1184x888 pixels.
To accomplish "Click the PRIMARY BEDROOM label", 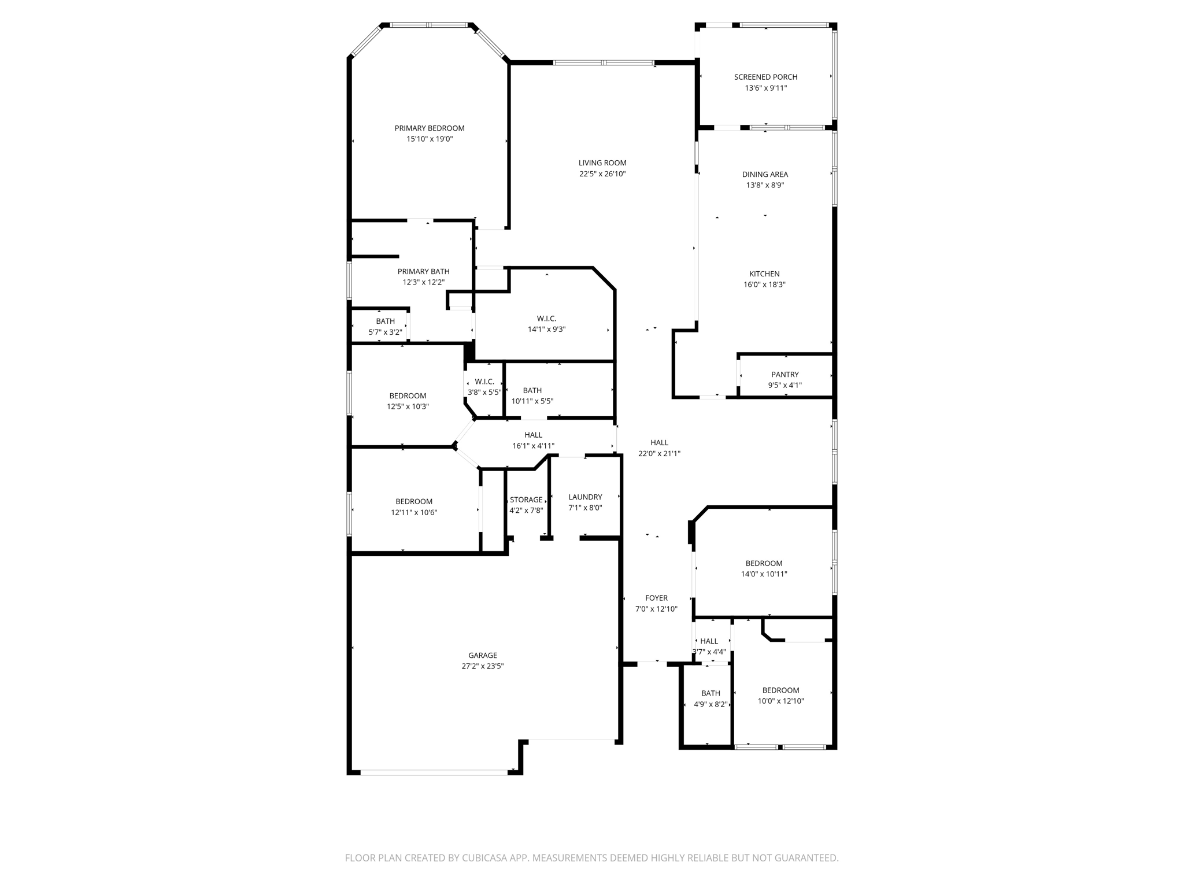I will (429, 128).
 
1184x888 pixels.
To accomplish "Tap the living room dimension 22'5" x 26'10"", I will (602, 174).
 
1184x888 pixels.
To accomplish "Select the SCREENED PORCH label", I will (765, 77).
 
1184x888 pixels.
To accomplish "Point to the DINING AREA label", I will (765, 175).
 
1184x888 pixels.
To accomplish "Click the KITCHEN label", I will (764, 274).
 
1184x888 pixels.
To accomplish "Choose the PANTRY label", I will (785, 375).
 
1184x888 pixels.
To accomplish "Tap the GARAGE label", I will (483, 656).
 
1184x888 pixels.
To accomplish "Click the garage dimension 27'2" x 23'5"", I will (483, 666).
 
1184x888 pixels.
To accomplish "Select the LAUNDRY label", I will (585, 497).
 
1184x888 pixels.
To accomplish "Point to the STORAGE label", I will (526, 500).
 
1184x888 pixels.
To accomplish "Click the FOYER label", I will (656, 598).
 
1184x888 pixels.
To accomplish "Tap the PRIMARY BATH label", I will (423, 272).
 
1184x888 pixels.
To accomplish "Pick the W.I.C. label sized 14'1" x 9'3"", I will (546, 319).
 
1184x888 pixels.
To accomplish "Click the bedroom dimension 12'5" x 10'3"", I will (408, 406).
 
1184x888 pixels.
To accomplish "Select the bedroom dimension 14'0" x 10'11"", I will (764, 574).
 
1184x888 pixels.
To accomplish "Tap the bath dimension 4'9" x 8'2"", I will (711, 704).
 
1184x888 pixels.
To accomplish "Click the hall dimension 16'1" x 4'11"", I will (533, 446).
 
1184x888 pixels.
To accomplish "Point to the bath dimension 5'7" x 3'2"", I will (385, 332).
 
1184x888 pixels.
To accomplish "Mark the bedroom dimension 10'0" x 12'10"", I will (780, 701).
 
